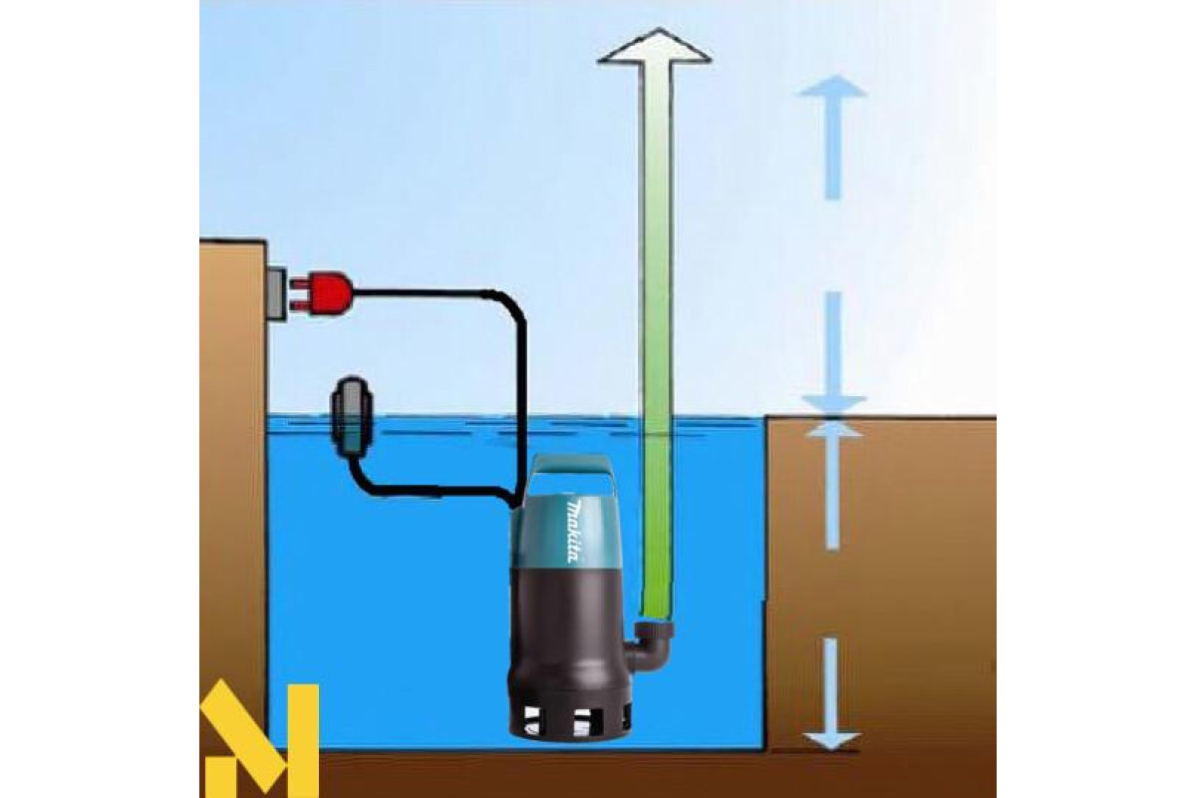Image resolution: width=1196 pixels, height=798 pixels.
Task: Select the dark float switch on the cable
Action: [x=353, y=415]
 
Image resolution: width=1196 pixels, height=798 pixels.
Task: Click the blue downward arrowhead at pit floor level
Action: [x=832, y=738]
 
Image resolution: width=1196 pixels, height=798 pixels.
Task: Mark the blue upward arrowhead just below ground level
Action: [x=832, y=430]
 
